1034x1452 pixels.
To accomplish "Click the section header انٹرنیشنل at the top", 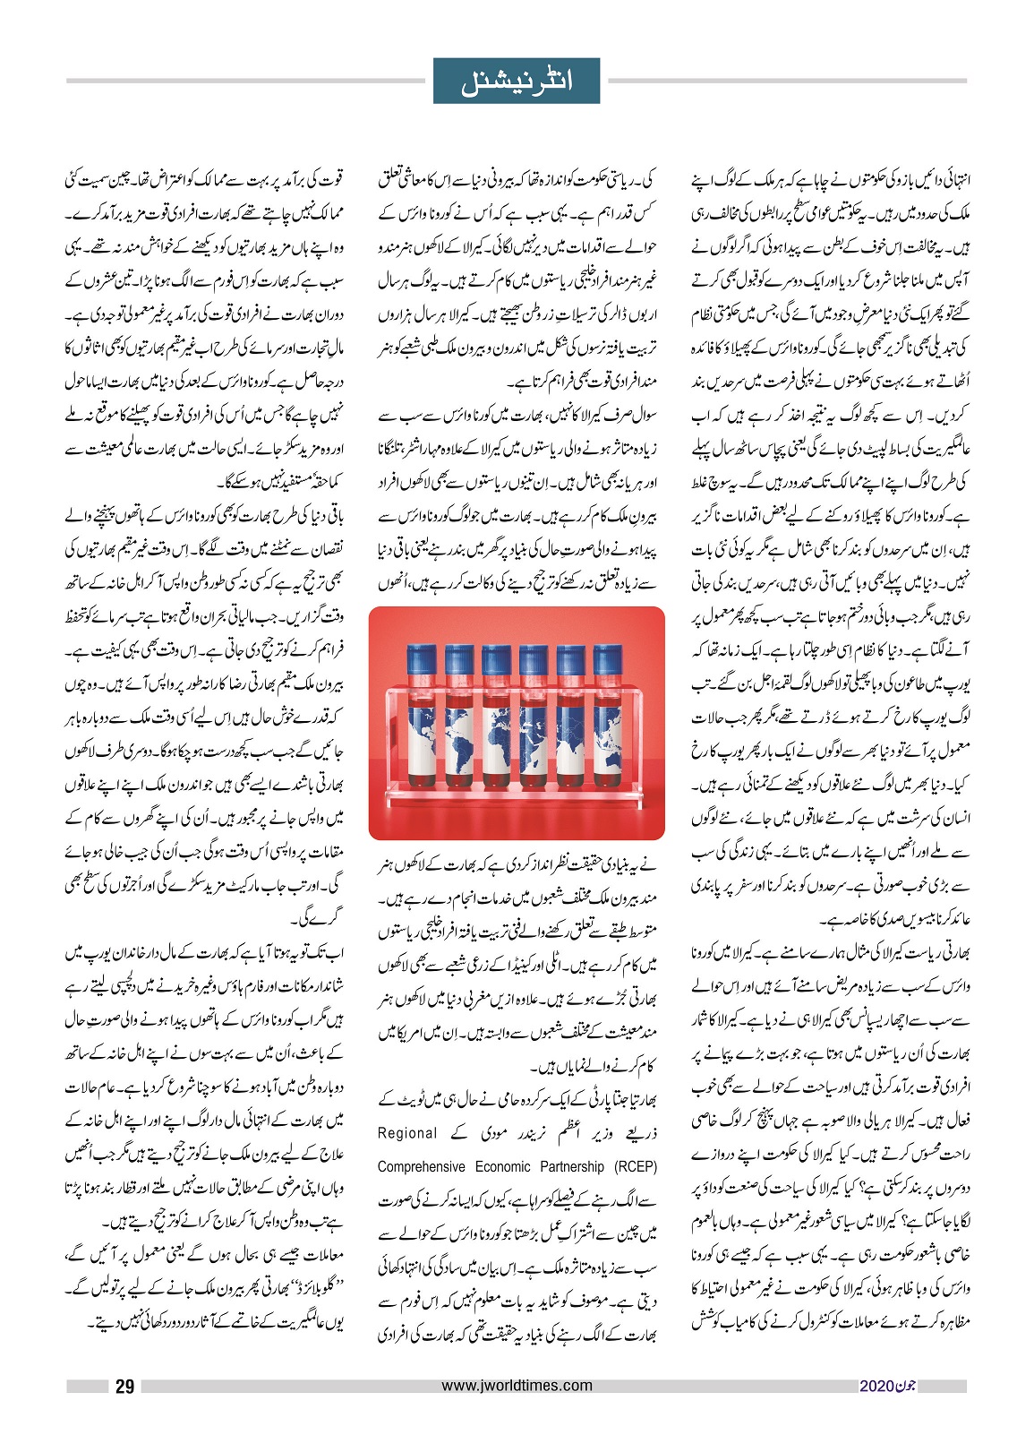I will pyautogui.click(x=517, y=81).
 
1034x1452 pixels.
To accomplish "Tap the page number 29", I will pyautogui.click(x=124, y=1387).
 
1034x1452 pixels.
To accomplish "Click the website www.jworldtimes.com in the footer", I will pyautogui.click(x=517, y=1386).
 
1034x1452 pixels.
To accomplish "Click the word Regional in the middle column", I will pyautogui.click(x=407, y=1133).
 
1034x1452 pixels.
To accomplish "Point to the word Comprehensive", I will pyautogui.click(x=421, y=1166).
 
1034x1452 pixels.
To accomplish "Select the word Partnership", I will pyautogui.click(x=572, y=1166).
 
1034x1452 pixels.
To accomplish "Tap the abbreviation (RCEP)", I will pyautogui.click(x=635, y=1166).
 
